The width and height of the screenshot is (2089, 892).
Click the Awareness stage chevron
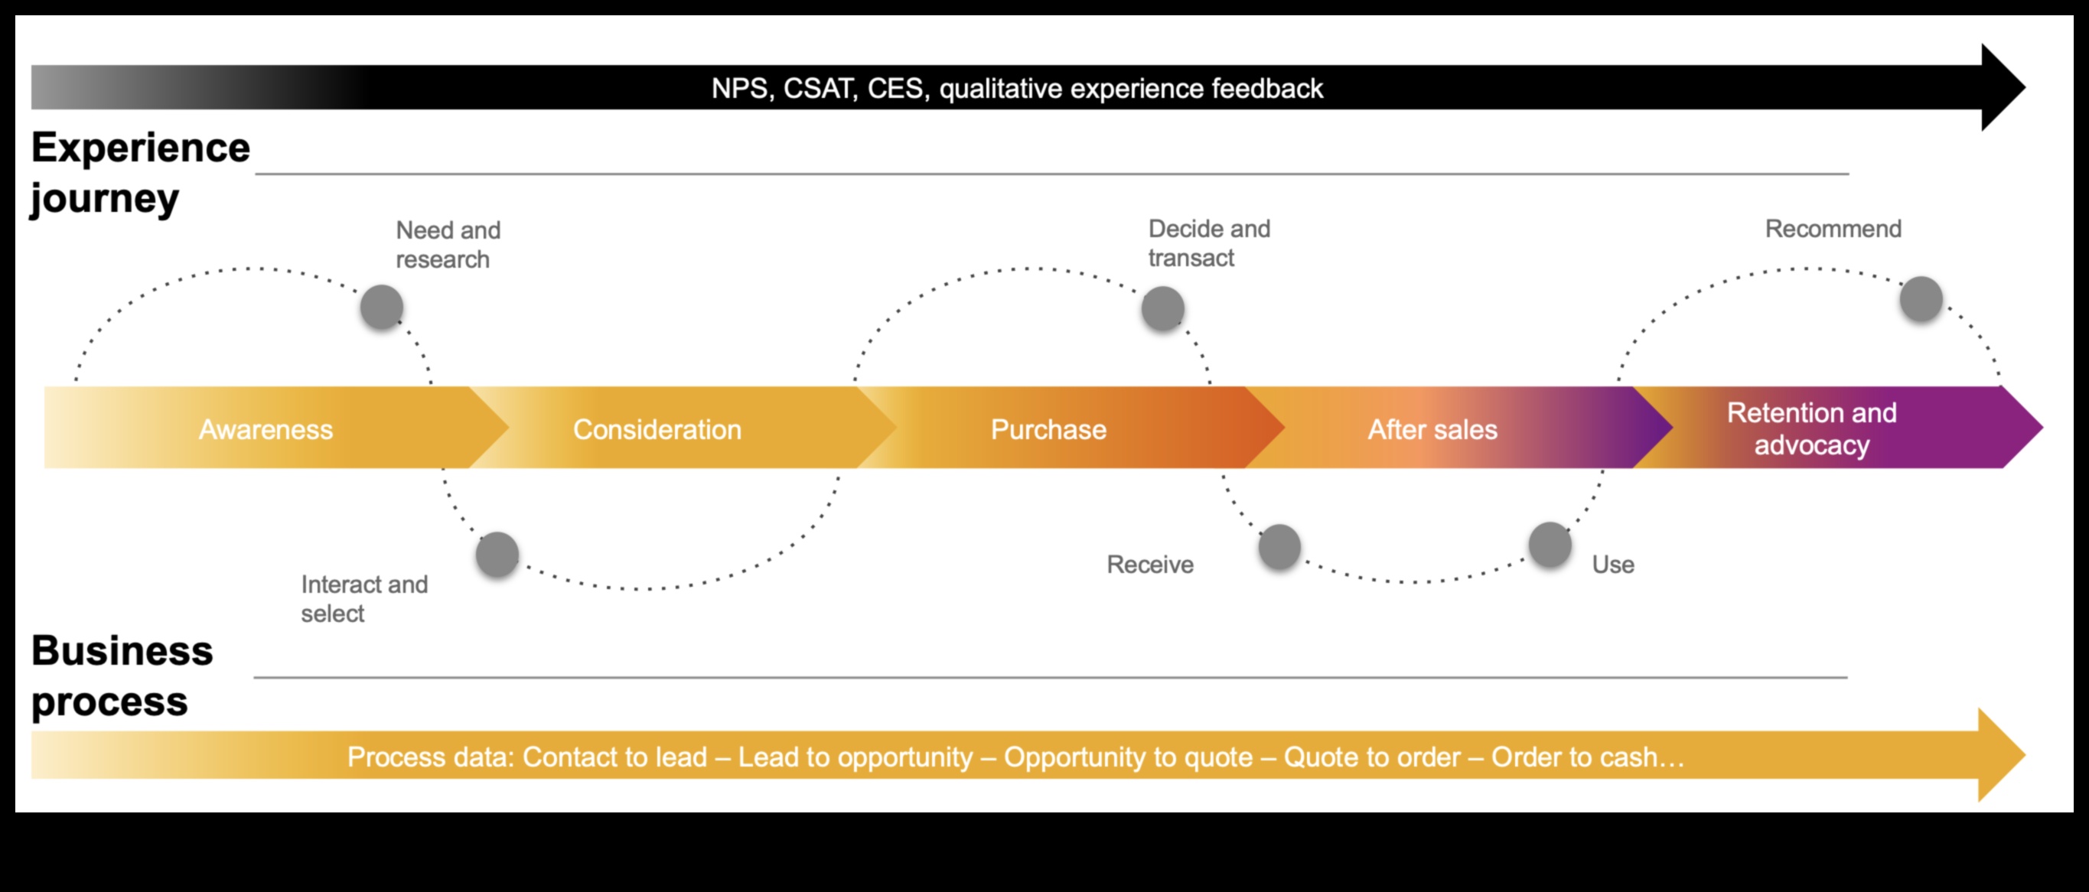(x=266, y=428)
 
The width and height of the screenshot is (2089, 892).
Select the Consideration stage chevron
(x=657, y=428)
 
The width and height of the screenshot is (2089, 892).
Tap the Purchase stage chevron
(x=1048, y=428)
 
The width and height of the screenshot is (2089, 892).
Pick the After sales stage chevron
(x=1432, y=428)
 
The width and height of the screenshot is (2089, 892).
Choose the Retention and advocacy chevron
(x=1812, y=428)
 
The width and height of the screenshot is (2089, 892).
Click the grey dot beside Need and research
(x=382, y=308)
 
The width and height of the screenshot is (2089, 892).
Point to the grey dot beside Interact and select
(x=497, y=555)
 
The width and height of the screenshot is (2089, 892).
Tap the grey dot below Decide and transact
(x=1163, y=308)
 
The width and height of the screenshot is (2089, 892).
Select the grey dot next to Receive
(x=1279, y=546)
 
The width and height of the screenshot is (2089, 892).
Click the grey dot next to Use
(x=1550, y=544)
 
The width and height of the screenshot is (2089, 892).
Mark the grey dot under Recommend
(x=1921, y=298)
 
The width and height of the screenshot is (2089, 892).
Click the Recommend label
(x=1833, y=229)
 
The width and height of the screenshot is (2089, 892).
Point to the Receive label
(x=1150, y=565)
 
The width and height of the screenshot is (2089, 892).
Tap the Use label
(x=1613, y=565)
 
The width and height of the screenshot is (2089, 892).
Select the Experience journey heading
(x=139, y=172)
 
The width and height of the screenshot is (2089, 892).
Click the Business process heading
(x=122, y=675)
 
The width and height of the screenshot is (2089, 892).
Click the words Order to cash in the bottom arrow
(x=1573, y=757)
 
